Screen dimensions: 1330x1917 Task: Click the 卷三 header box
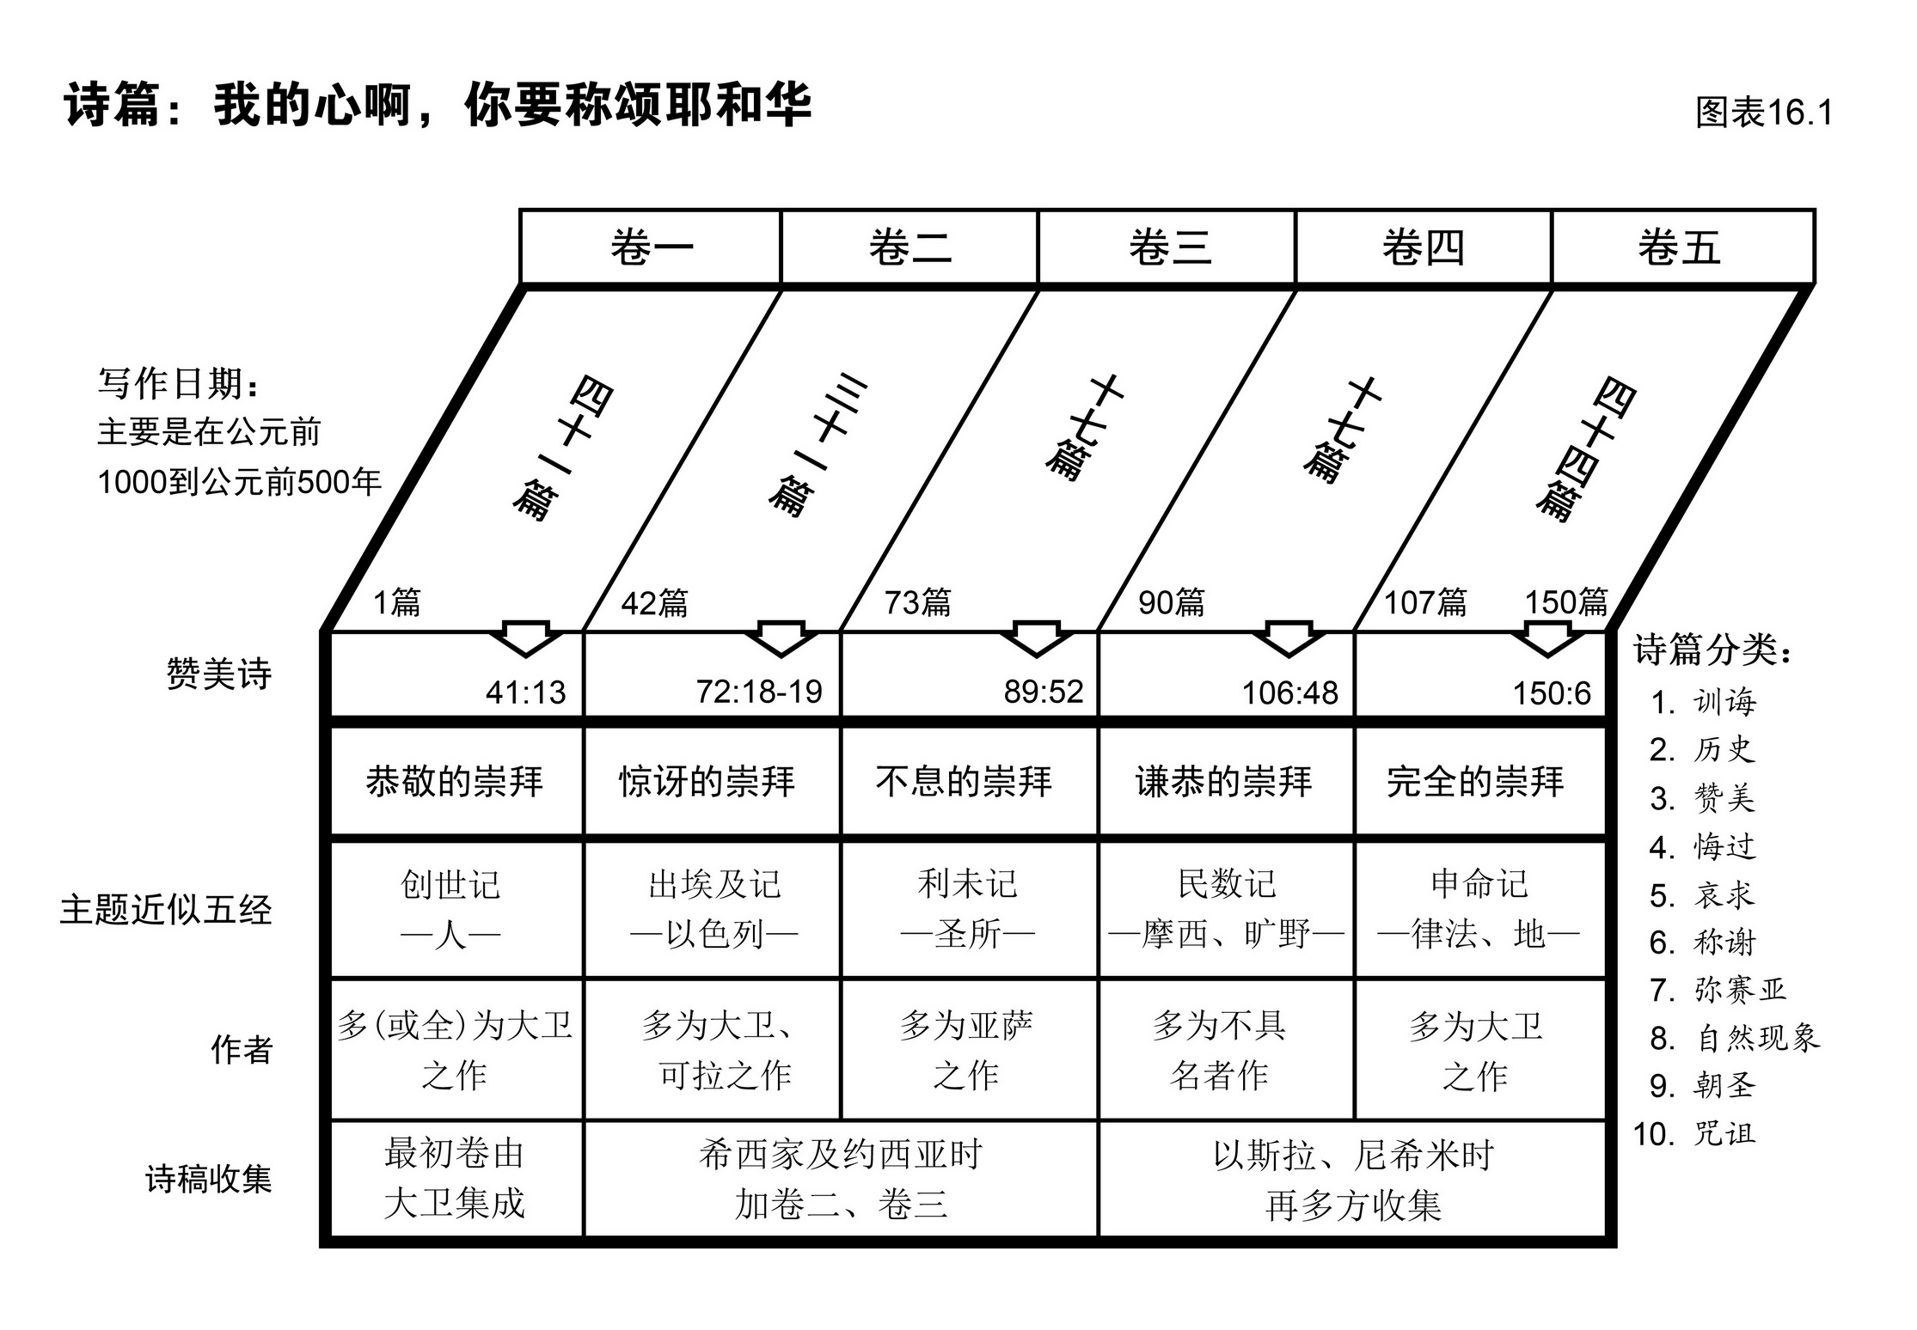pos(1167,247)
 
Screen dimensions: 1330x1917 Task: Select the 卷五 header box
pos(1681,247)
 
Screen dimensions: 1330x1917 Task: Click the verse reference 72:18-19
pos(759,692)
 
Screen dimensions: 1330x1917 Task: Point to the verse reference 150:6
pos(1552,693)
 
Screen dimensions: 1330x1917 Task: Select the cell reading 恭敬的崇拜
pos(455,781)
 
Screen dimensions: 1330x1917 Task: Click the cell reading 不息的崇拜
pos(965,781)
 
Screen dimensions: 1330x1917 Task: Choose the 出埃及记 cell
pos(714,908)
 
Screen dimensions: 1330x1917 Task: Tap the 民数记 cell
pos(1227,908)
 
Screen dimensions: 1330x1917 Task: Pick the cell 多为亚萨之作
pos(966,1049)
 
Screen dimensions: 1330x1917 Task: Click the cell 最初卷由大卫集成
pos(455,1178)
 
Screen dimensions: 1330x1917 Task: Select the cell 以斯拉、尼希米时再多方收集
pos(1353,1180)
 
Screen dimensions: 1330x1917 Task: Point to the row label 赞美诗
pos(219,674)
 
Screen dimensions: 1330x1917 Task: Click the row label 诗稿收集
pos(209,1179)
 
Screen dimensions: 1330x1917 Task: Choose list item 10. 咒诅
pos(1694,1134)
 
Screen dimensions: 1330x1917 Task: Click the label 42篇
pos(655,603)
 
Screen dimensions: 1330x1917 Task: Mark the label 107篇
pos(1425,602)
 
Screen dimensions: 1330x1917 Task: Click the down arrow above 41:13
pos(526,638)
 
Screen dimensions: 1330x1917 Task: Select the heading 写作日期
pos(178,383)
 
